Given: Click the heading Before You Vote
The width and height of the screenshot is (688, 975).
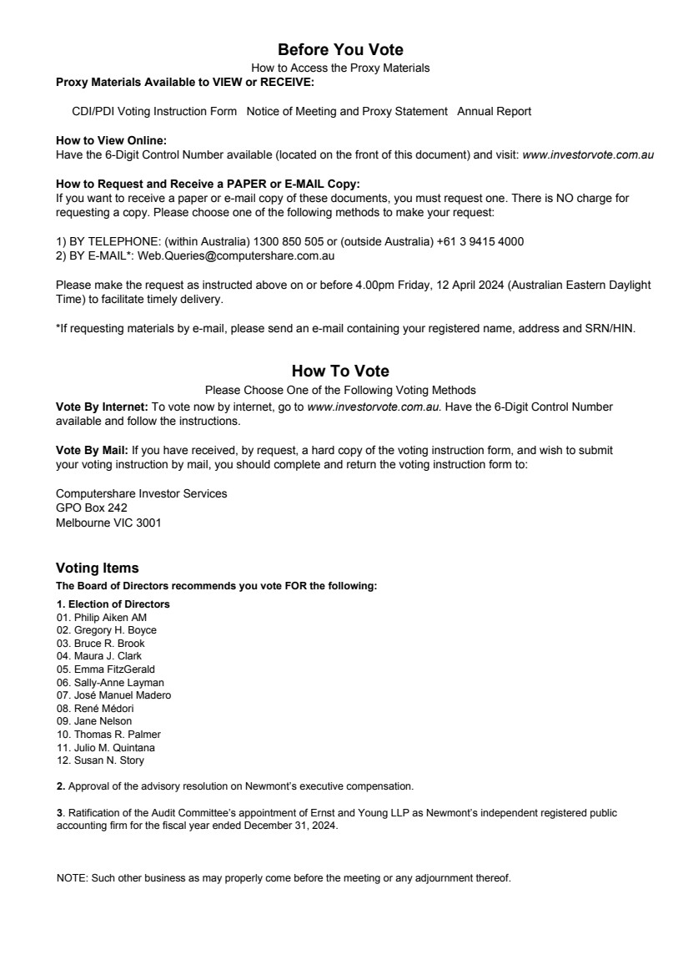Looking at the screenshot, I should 340,50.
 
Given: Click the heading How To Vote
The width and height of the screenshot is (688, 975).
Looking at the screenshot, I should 340,371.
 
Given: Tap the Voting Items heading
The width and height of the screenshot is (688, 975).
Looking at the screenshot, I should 97,568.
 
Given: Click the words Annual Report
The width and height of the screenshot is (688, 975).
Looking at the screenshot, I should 494,111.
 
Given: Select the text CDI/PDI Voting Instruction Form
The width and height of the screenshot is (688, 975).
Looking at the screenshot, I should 154,111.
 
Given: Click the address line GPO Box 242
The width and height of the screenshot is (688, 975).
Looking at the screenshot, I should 91,507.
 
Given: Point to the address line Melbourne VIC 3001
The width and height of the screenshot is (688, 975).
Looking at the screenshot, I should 108,523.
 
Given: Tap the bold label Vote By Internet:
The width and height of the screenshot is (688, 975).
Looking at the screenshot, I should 102,407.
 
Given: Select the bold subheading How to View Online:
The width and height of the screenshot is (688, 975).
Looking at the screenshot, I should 111,141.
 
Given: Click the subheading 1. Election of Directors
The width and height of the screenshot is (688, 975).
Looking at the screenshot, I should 113,604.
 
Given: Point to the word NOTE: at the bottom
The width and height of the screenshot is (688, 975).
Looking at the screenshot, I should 71,878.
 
